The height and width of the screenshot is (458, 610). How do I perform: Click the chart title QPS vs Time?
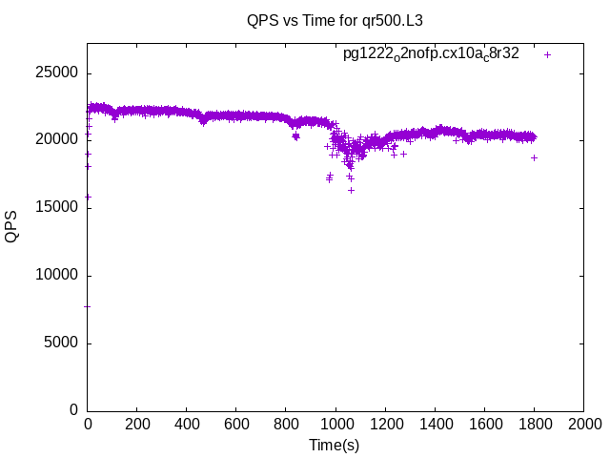pyautogui.click(x=335, y=19)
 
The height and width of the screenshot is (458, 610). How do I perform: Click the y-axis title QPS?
pyautogui.click(x=11, y=226)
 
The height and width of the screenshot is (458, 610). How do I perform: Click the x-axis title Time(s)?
pyautogui.click(x=335, y=445)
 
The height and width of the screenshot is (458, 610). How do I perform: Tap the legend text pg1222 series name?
pyautogui.click(x=431, y=54)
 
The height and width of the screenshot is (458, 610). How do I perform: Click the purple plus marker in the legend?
pyautogui.click(x=547, y=54)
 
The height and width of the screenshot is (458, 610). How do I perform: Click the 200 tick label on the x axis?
pyautogui.click(x=137, y=424)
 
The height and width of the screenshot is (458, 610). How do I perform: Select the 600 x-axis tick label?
pyautogui.click(x=236, y=424)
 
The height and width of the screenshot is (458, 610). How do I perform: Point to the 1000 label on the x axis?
pyautogui.click(x=335, y=424)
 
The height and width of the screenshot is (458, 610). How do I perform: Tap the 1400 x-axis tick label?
pyautogui.click(x=435, y=424)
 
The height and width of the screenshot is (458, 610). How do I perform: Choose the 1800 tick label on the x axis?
pyautogui.click(x=534, y=424)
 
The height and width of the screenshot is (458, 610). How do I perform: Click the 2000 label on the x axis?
pyautogui.click(x=583, y=424)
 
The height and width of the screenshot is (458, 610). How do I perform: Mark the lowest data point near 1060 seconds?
pyautogui.click(x=351, y=190)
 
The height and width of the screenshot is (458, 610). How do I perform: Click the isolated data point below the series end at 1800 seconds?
pyautogui.click(x=534, y=157)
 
